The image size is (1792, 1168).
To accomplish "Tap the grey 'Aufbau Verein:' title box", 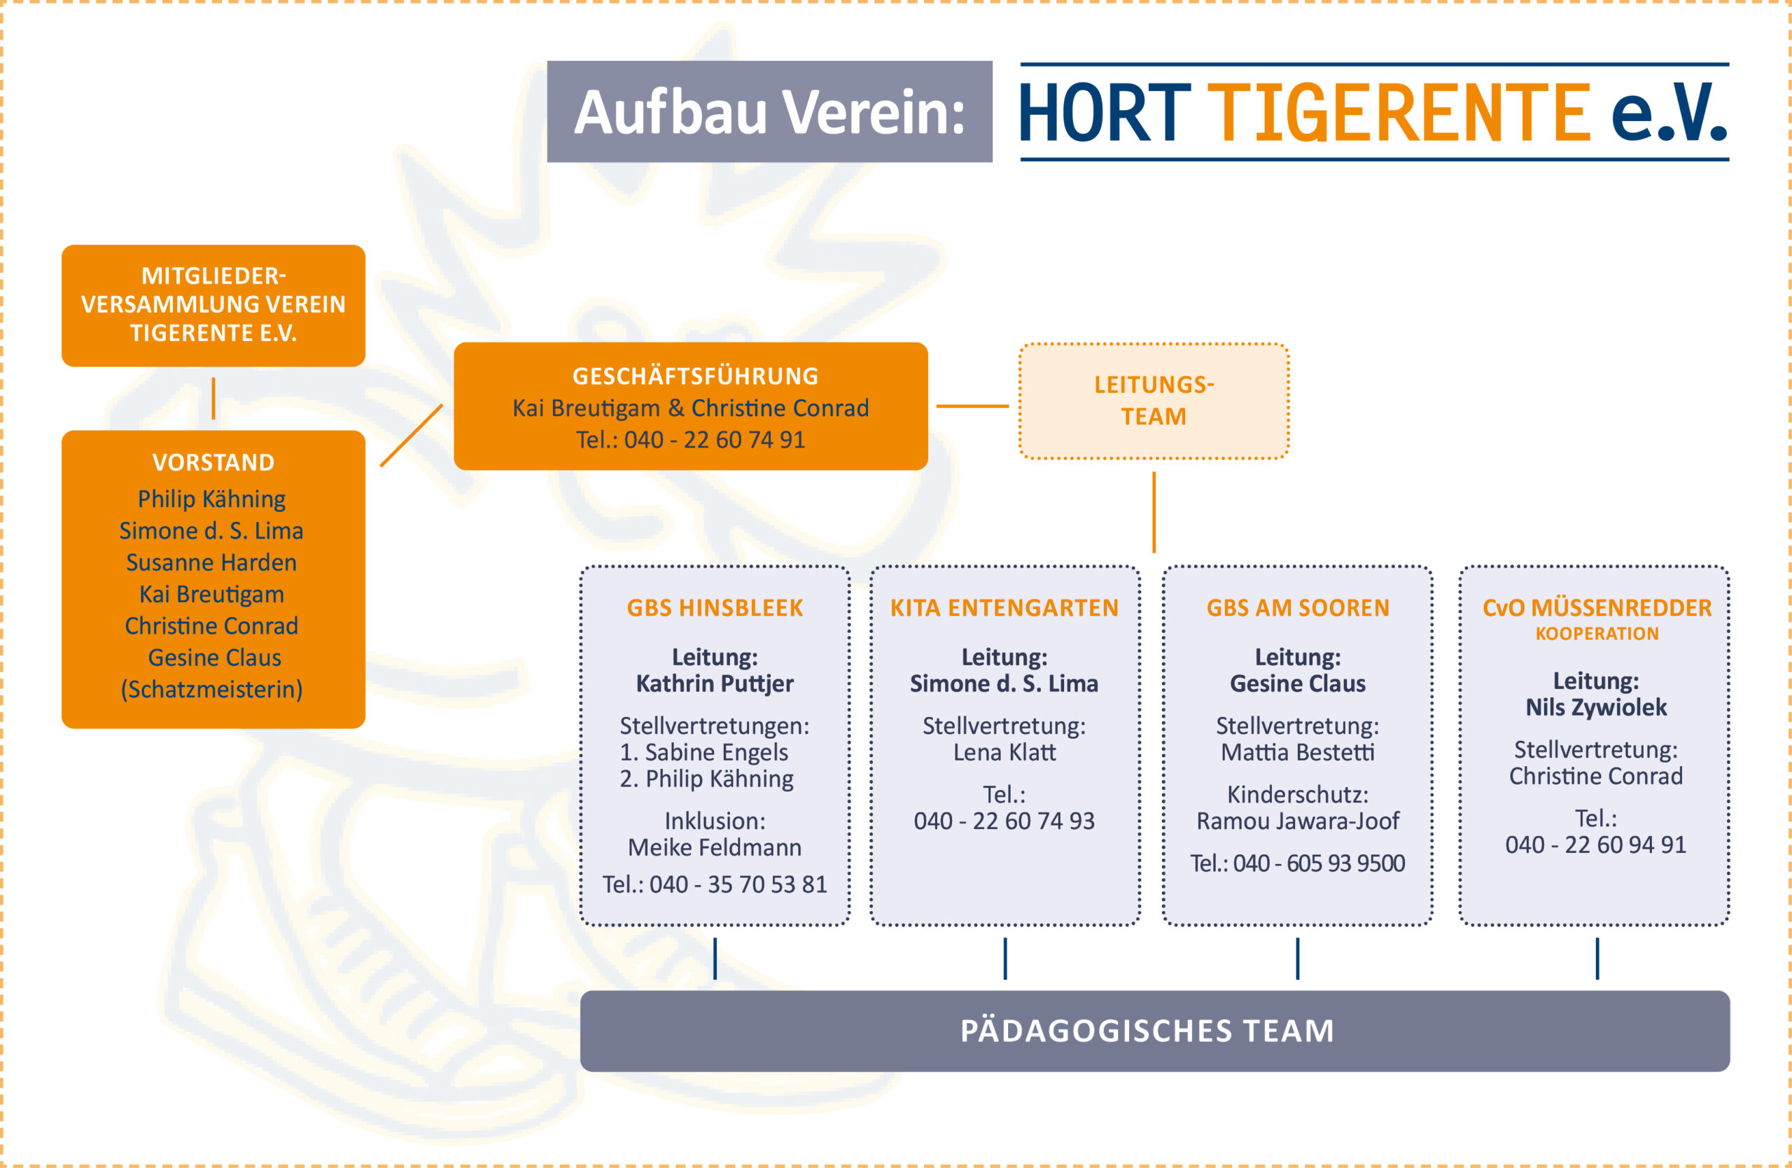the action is point(769,111).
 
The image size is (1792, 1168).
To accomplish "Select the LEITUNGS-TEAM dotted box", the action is point(1154,401).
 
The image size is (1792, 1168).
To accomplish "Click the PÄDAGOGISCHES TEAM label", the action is point(1147,1030).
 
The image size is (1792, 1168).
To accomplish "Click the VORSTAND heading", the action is point(213,462).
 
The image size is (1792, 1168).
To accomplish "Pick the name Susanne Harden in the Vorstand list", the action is point(211,562).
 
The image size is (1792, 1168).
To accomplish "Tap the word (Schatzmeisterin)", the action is point(211,690).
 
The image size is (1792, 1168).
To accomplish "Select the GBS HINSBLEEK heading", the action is point(715,608).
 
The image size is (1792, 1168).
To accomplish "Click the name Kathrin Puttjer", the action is point(715,683).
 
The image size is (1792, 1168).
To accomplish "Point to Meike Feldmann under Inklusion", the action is point(715,847).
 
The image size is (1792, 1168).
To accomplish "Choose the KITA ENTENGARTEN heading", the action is point(1004,608).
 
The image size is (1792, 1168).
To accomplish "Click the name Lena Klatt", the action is point(1004,752).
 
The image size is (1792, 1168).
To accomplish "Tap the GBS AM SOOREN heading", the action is point(1298,608).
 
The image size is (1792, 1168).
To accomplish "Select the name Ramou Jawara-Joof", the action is point(1298,821).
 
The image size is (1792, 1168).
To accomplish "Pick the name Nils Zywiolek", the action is point(1596,708).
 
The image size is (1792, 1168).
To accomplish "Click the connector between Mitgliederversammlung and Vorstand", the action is point(213,398).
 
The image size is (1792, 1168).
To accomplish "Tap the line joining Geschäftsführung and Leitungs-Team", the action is point(972,406).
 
